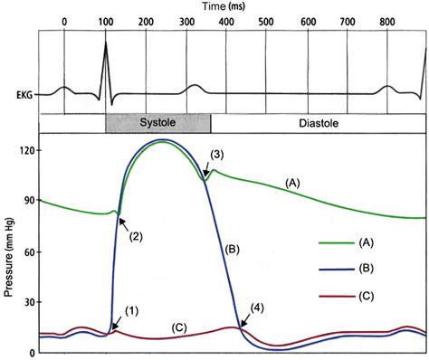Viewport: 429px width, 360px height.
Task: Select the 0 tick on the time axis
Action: (64, 22)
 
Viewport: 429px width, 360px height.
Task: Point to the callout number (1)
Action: (130, 311)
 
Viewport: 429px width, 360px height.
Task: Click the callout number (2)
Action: (135, 237)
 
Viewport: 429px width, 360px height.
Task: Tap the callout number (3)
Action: (217, 155)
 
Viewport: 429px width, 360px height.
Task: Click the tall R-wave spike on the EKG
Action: (104, 54)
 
